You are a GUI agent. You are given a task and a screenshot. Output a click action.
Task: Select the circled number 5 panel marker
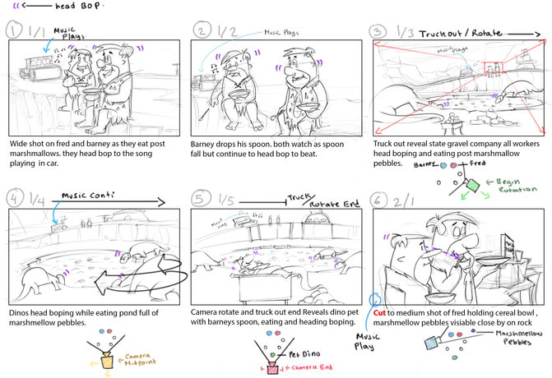pyautogui.click(x=198, y=198)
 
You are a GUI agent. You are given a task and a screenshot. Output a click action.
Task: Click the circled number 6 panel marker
pyautogui.click(x=379, y=200)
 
